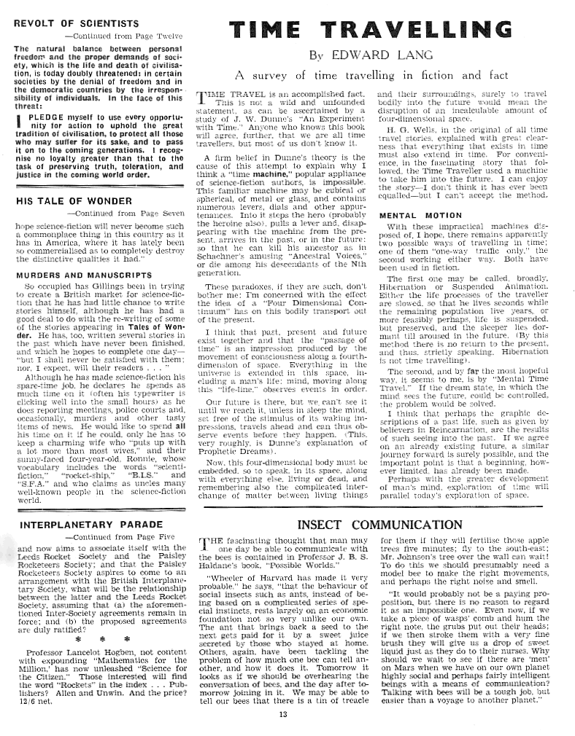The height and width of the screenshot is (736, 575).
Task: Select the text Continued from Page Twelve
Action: [x=123, y=34]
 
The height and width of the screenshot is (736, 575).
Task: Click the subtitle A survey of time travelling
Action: [x=371, y=76]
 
